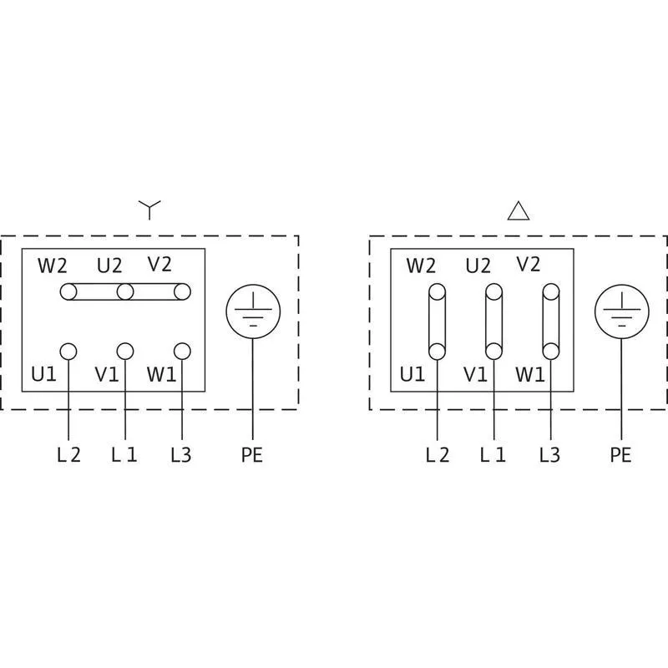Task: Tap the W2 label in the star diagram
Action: coord(53,266)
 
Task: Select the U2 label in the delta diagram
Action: coord(478,266)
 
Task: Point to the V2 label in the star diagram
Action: coord(159,264)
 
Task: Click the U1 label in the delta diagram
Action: coord(412,374)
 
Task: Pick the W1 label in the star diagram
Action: coord(161,374)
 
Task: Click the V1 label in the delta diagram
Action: coord(475,374)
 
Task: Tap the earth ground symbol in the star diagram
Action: coord(253,311)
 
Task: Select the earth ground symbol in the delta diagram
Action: coord(622,311)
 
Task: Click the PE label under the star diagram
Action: coord(252,455)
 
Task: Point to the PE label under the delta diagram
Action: coord(620,455)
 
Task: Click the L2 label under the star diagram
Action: coord(68,455)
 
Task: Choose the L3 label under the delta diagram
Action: coord(549,455)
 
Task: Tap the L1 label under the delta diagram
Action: coord(493,455)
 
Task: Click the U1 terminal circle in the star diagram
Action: coord(68,352)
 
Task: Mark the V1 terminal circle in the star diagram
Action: coord(124,352)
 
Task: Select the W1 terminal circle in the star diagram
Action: coord(182,352)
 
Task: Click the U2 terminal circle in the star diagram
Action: coord(124,292)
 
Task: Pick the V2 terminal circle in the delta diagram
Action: coord(551,292)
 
